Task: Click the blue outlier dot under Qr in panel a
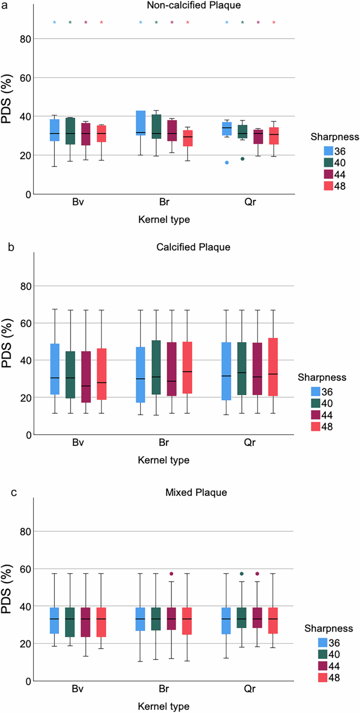(227, 162)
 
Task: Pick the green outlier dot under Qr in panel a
(242, 159)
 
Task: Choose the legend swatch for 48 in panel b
(315, 426)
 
